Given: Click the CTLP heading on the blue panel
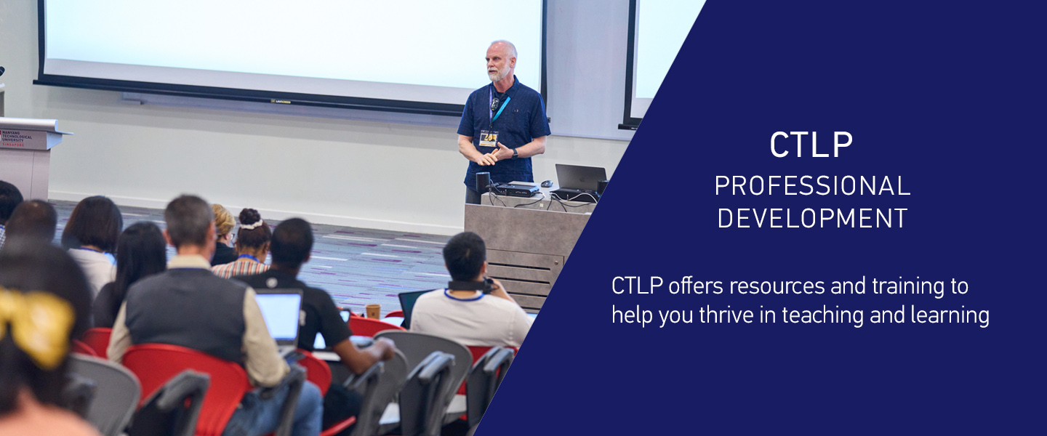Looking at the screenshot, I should click(x=811, y=145).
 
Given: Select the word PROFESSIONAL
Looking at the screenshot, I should click(x=811, y=187).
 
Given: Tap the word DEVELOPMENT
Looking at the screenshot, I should click(x=812, y=218).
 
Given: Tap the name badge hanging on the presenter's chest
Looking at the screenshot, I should click(x=488, y=138).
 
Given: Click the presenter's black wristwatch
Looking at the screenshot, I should click(x=515, y=153).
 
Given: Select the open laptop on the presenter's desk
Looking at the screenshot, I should click(x=579, y=179).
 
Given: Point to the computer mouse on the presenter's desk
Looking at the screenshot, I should click(x=545, y=185).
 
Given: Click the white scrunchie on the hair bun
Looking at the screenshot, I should click(x=251, y=225).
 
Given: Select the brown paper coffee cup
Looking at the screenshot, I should click(x=373, y=312).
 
